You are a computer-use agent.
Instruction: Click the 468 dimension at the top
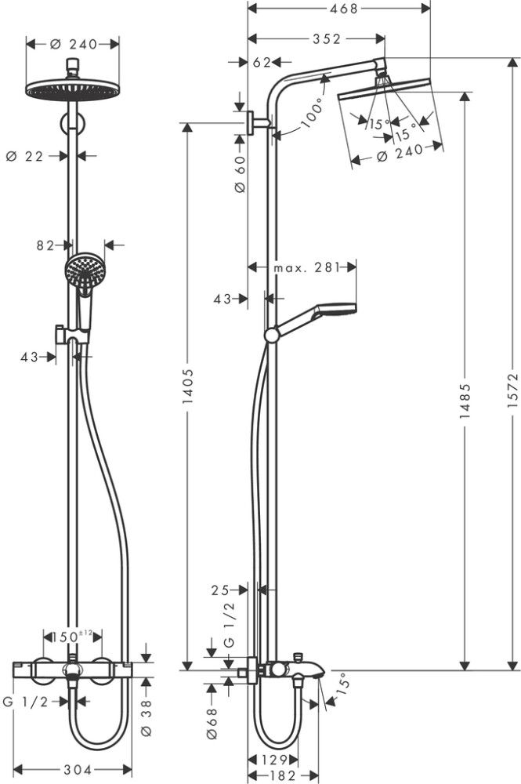tap(338, 9)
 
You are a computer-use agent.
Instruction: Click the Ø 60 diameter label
tap(241, 173)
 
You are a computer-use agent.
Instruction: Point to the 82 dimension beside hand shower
tap(45, 245)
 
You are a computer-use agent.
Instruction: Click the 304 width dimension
tap(76, 769)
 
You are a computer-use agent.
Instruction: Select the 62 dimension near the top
tap(262, 62)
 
